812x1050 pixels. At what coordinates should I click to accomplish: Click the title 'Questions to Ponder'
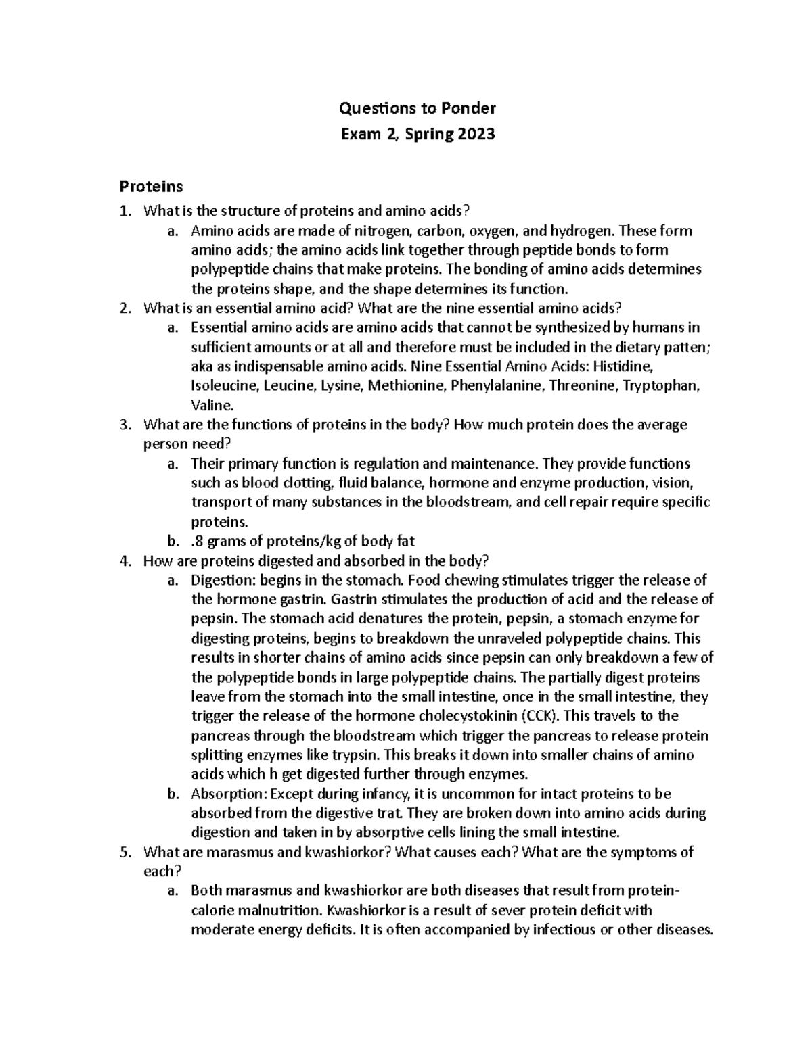(x=418, y=108)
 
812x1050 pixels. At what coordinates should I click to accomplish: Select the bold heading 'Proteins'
(x=151, y=186)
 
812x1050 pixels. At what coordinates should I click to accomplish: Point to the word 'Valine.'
(x=212, y=406)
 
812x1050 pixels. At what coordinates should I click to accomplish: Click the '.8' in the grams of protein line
(x=198, y=541)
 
